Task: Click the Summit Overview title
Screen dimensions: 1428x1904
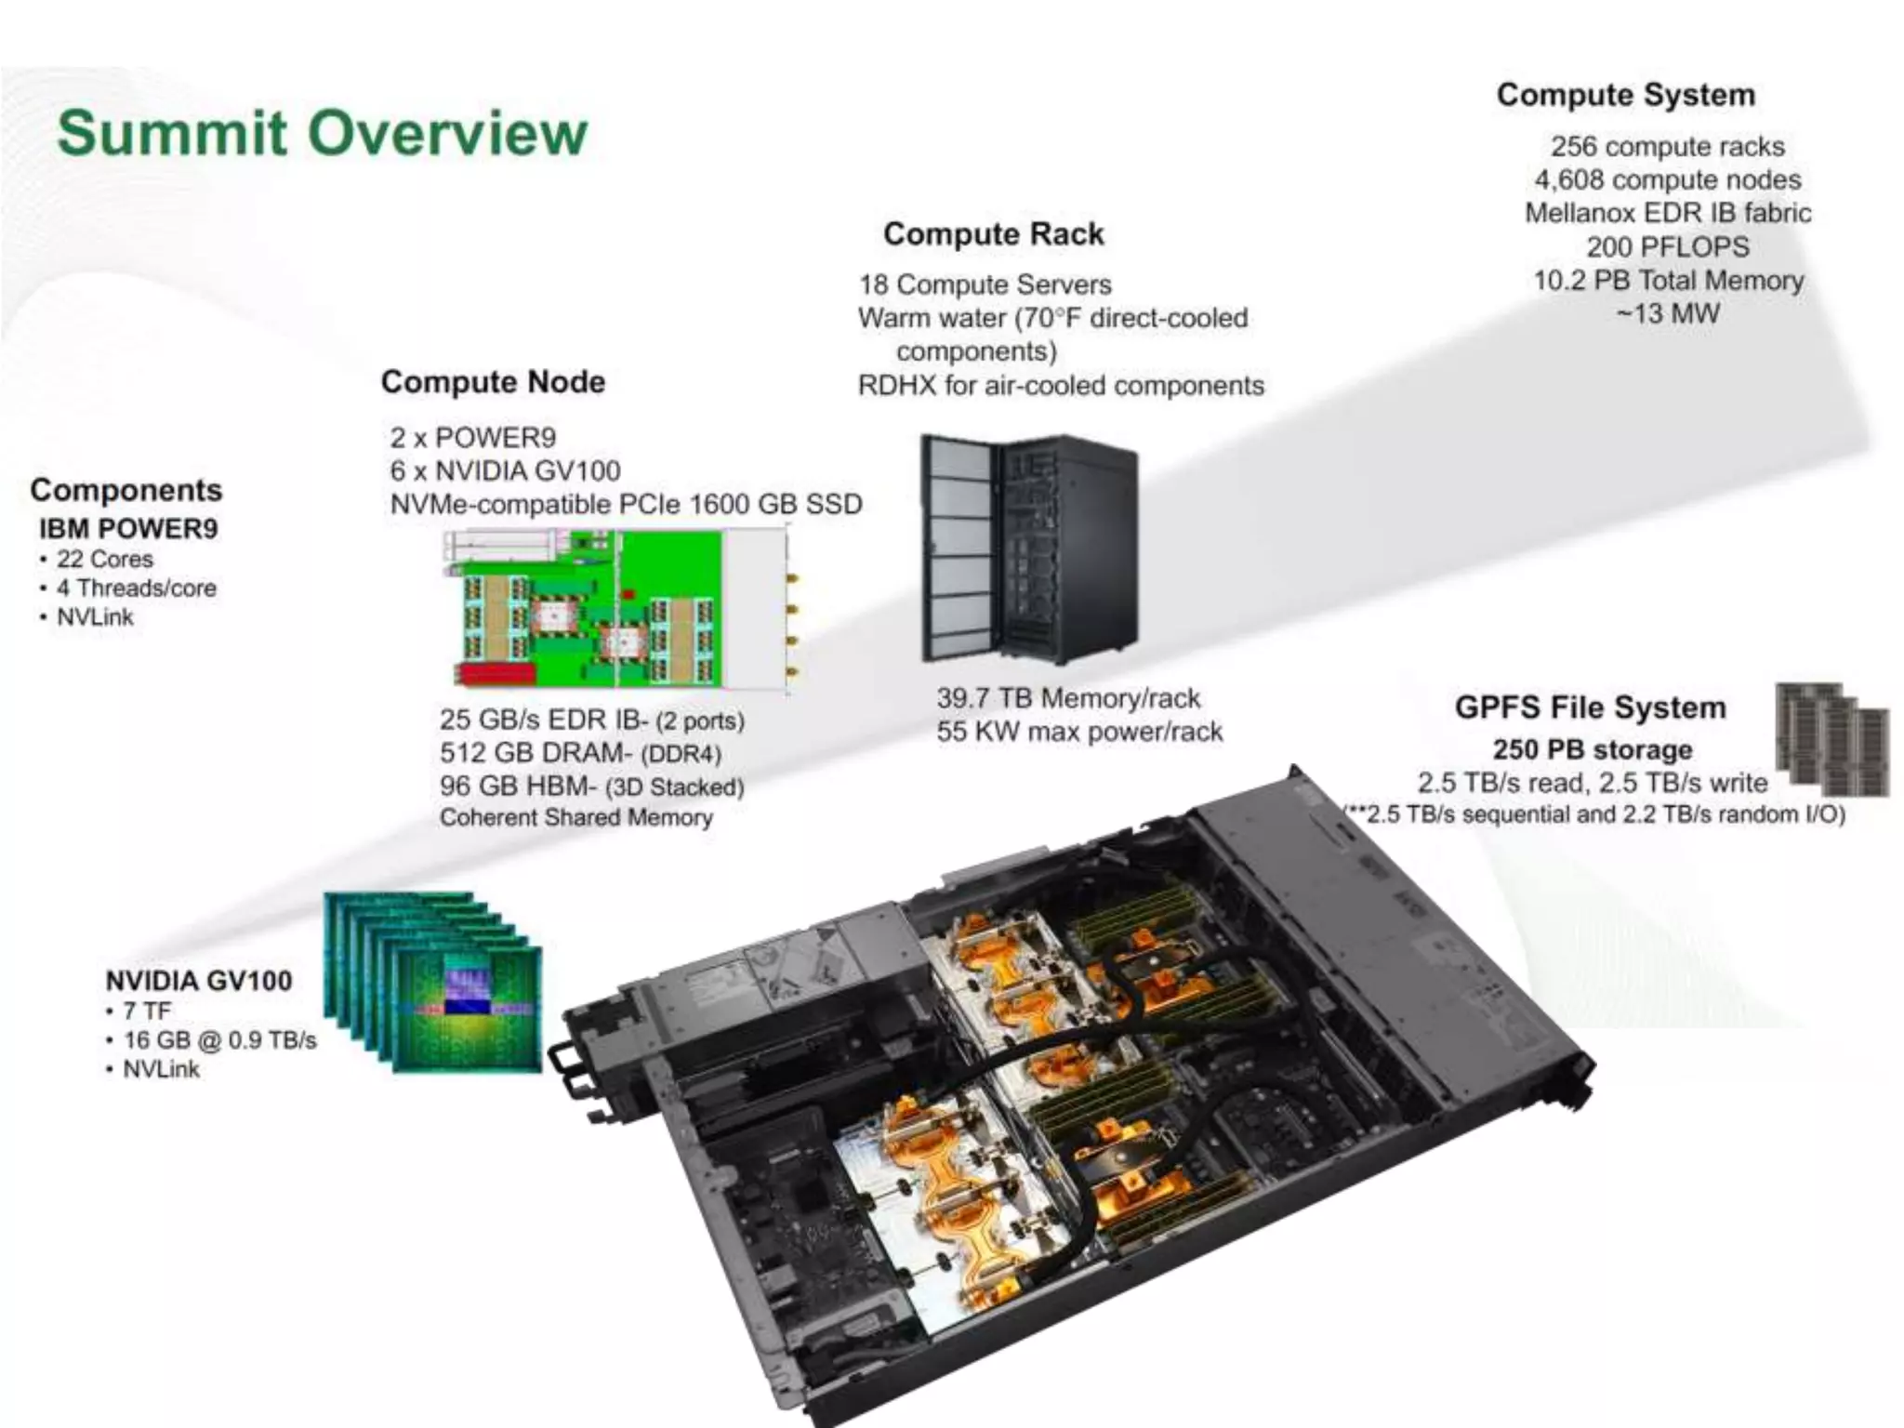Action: pos(322,133)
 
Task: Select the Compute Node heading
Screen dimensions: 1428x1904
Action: pos(493,381)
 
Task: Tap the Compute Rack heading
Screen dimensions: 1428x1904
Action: pos(993,233)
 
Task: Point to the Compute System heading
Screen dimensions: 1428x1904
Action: pos(1625,95)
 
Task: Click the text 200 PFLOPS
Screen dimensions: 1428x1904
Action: pos(1667,246)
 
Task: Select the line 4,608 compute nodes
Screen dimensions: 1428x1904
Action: pos(1667,179)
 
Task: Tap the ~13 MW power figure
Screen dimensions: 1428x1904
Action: pos(1667,313)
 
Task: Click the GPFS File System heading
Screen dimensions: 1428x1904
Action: pos(1590,707)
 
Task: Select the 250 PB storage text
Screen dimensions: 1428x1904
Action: pos(1592,749)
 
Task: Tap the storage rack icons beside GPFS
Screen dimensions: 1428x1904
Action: pos(1831,739)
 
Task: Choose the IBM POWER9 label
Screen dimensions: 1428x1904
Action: pos(128,528)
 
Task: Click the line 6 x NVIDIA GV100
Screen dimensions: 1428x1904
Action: pos(505,470)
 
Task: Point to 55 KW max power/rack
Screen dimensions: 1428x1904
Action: pos(1078,732)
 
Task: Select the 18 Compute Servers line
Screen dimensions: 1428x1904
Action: pos(984,284)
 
